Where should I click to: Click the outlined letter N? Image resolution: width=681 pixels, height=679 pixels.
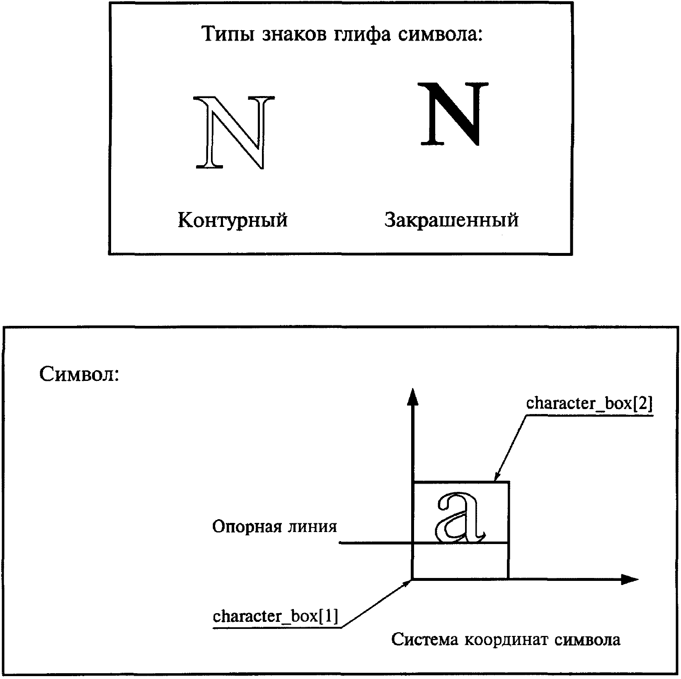click(x=234, y=132)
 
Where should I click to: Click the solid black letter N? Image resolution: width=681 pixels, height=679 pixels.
click(x=453, y=113)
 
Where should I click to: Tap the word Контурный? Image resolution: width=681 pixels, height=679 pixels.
click(x=233, y=220)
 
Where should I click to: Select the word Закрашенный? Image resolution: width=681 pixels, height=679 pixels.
click(x=451, y=220)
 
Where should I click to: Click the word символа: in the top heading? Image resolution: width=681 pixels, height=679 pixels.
click(x=441, y=34)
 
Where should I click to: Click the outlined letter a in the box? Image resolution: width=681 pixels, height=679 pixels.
click(x=460, y=518)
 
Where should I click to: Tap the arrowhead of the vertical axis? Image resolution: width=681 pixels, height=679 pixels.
click(x=412, y=397)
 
